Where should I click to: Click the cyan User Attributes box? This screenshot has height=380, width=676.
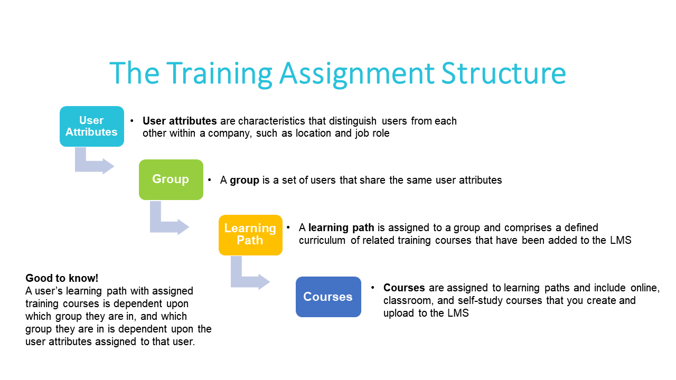pos(92,126)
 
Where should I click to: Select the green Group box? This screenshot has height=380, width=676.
pos(171,180)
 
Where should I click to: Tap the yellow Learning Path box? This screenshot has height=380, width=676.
pos(250,235)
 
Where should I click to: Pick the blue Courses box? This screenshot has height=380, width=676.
pos(328,297)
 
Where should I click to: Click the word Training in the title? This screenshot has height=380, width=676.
pos(219,74)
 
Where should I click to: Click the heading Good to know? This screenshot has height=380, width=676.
pos(62,278)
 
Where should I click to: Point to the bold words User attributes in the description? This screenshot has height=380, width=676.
pos(180,121)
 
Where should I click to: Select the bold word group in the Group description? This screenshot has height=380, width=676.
pos(245,180)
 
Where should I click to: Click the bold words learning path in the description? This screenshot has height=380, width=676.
pos(341,228)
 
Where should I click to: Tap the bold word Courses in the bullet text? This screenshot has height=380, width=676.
pos(404,288)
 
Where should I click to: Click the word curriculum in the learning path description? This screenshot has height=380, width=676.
pos(322,240)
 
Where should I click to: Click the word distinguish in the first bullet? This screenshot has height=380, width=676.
pos(352,121)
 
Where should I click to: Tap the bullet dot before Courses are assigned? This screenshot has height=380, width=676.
pos(373,288)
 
